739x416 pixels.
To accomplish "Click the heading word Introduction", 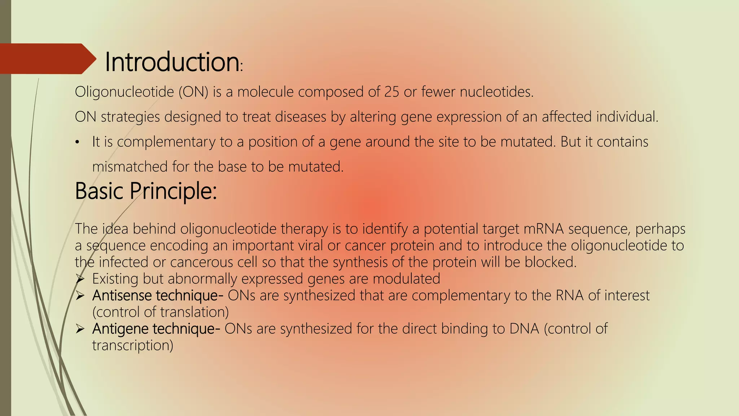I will point(172,62).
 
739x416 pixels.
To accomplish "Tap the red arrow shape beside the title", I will point(47,59).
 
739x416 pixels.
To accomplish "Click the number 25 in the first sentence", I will point(392,92).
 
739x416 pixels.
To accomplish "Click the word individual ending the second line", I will point(627,117).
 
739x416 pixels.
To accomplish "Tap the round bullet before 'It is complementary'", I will point(77,143).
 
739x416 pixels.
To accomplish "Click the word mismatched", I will point(130,167).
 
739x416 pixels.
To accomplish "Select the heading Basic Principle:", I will point(146,191).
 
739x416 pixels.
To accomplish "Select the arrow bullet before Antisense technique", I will point(80,296).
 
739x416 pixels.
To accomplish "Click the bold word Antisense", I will point(122,295).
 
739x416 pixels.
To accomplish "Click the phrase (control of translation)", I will point(161,312).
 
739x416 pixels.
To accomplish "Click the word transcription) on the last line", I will point(132,345).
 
